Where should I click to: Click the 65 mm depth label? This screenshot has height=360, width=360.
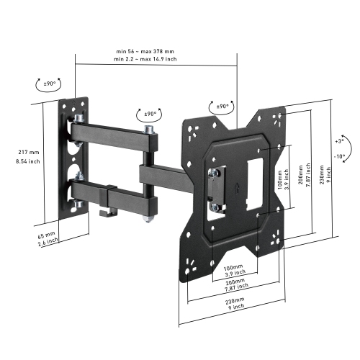point(45,235)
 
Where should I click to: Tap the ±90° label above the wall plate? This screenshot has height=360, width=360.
point(49,84)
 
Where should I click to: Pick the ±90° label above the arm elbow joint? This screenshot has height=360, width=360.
point(150,114)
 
